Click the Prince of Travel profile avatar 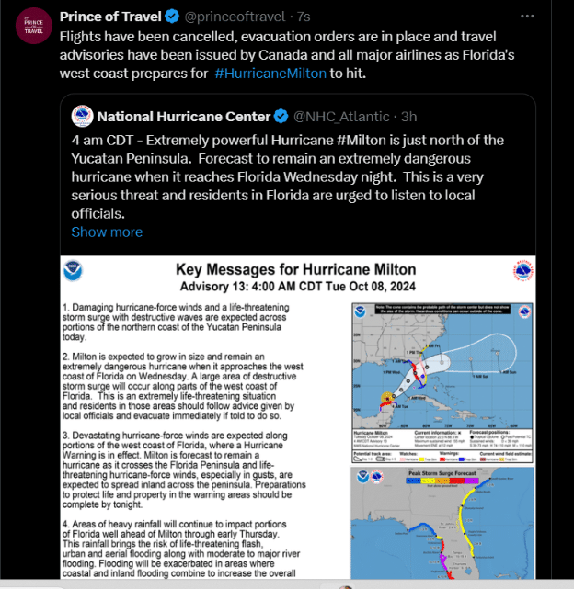click(34, 25)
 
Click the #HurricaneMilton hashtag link click(270, 74)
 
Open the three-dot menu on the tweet click(526, 17)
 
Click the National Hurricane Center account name click(184, 116)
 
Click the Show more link click(107, 232)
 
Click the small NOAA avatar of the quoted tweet click(82, 116)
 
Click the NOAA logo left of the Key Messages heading click(73, 271)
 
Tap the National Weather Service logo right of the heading click(523, 271)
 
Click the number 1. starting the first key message click(65, 304)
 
